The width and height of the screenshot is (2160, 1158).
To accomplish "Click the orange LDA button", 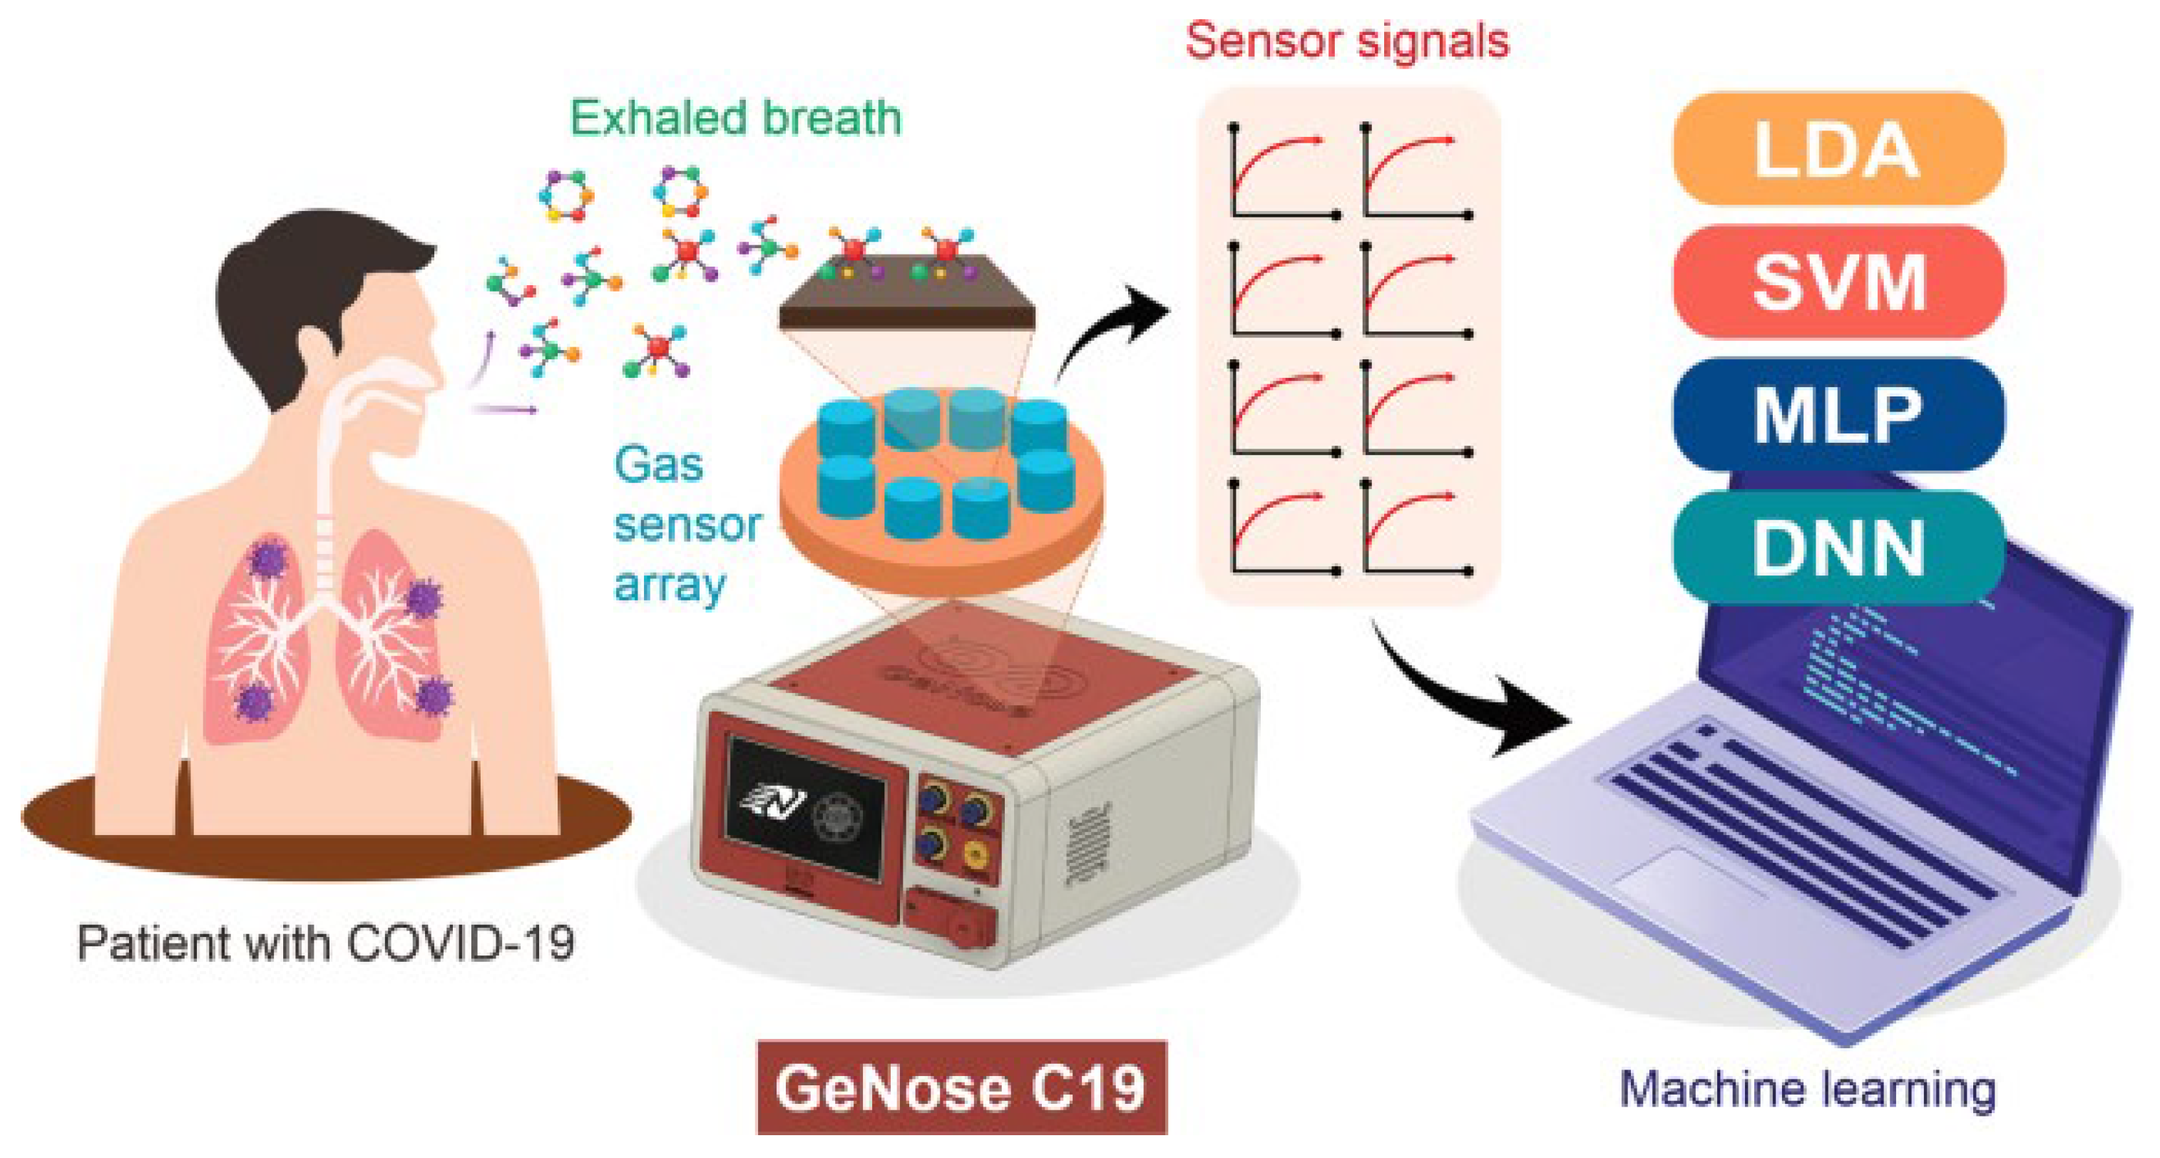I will (1837, 149).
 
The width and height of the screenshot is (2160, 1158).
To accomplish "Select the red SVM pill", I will (1837, 282).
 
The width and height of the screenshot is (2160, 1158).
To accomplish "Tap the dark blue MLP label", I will (1837, 414).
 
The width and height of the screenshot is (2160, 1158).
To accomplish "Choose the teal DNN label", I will (1837, 548).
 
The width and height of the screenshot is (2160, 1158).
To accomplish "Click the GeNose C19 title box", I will (961, 1087).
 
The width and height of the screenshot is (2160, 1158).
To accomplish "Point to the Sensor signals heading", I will (1346, 39).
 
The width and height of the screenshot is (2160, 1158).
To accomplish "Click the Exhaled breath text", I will (735, 118).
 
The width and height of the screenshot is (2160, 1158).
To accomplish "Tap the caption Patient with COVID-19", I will (325, 943).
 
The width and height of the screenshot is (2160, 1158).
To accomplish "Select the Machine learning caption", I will (1807, 1090).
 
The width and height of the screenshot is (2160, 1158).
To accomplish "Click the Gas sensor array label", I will (686, 525).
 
